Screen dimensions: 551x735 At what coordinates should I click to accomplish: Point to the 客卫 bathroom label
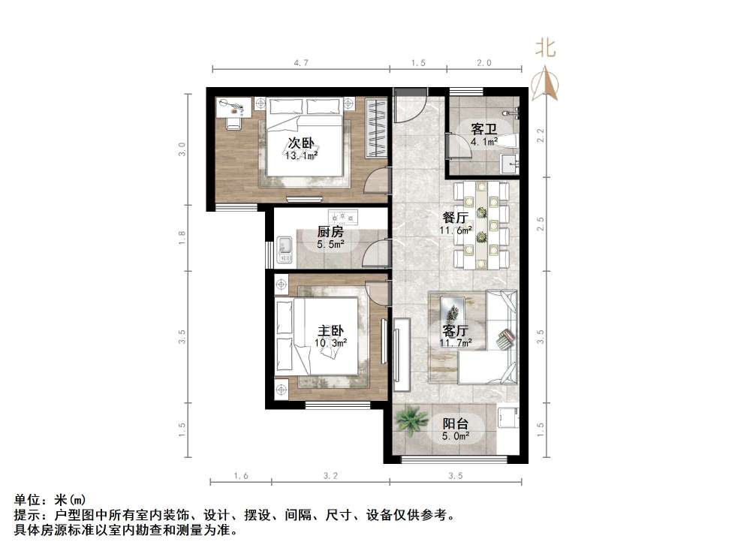pos(484,129)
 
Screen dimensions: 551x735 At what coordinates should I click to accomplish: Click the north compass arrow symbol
pos(545,83)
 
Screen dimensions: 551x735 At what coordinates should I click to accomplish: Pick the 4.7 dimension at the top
pos(301,64)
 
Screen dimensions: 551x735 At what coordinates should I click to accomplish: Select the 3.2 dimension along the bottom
pos(330,476)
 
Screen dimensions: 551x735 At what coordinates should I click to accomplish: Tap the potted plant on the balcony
pos(411,420)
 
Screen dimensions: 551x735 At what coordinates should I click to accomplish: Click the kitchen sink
pos(285,248)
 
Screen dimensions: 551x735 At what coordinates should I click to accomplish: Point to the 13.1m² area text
pos(301,156)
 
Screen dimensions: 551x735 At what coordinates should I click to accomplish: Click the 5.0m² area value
pos(456,435)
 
